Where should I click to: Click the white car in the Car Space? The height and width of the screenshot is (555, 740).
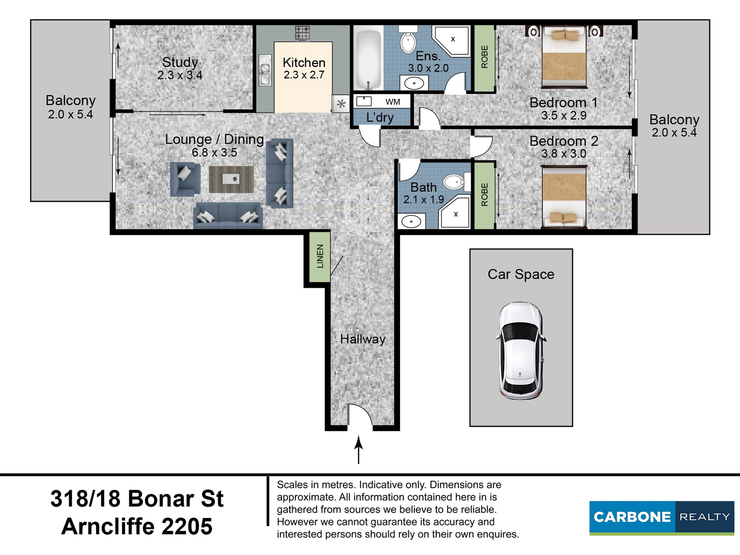point(521,351)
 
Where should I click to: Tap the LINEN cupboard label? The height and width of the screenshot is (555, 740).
point(320,256)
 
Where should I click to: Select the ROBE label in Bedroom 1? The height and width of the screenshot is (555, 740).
point(485,57)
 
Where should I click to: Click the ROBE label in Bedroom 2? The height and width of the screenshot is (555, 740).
point(485,194)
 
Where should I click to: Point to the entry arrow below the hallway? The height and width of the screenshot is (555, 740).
point(358,450)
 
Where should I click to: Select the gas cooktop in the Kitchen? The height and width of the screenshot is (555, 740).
point(302,33)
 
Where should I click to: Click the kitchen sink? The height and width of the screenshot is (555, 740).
point(265,70)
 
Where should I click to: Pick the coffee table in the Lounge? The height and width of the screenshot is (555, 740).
point(231,180)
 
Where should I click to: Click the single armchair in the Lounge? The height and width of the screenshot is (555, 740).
point(185,179)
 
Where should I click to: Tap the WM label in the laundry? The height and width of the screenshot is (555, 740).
point(393,102)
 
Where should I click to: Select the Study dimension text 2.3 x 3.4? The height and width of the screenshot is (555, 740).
point(180,75)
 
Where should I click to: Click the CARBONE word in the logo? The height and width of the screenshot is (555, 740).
point(632,517)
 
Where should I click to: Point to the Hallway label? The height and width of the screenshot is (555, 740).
point(363,339)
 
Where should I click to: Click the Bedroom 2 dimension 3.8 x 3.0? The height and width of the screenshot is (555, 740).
point(564,154)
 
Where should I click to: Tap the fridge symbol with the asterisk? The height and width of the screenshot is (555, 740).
point(341,104)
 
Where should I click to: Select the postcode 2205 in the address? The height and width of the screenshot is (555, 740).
point(187,526)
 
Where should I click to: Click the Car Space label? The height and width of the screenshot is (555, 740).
point(521,274)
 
